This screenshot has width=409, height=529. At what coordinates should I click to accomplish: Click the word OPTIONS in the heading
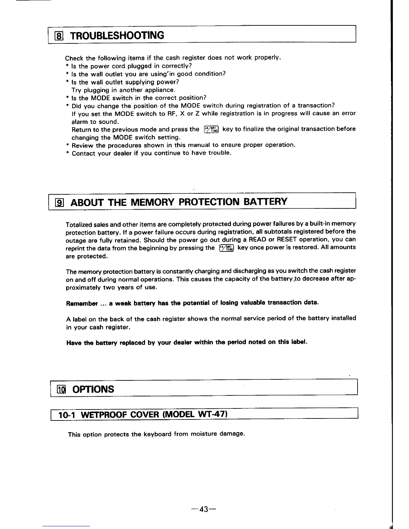(95, 389)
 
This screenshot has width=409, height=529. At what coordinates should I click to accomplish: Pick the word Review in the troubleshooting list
(83, 146)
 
